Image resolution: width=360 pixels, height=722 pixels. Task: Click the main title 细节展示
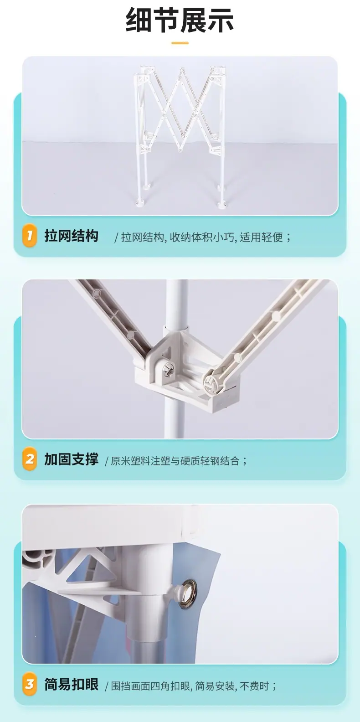(180, 20)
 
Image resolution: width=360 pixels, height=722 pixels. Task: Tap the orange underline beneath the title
(180, 42)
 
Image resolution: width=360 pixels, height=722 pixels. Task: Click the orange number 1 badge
(29, 236)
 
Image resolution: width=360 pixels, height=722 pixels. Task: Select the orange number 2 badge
(29, 459)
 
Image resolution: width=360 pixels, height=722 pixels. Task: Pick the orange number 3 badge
(29, 684)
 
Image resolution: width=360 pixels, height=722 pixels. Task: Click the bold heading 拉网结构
(71, 236)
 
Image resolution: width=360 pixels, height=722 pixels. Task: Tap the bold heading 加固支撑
(71, 459)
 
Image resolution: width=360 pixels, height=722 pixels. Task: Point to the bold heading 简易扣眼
(71, 684)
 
